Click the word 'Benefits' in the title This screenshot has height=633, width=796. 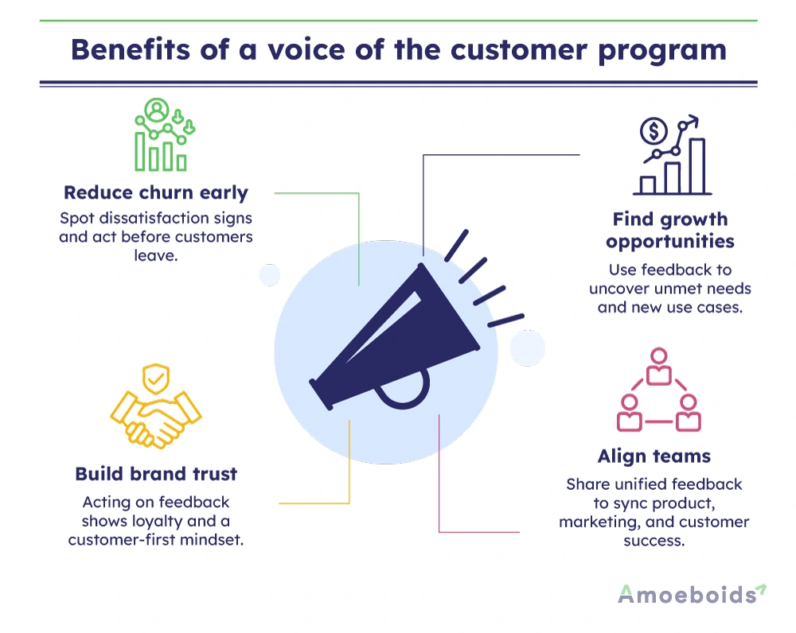click(131, 50)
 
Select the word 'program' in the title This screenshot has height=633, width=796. click(662, 51)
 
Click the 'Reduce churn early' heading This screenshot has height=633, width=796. click(156, 192)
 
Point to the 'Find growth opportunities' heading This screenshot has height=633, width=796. click(670, 230)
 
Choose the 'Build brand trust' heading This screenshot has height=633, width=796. click(156, 474)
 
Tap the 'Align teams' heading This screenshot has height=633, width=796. click(654, 456)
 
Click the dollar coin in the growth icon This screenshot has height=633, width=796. click(654, 131)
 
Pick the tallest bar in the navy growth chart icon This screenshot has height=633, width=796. click(697, 166)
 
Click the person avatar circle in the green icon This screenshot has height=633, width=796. click(156, 110)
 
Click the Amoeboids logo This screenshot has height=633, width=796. click(692, 594)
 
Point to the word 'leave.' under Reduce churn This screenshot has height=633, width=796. click(156, 255)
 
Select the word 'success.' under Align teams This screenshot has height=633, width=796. click(654, 541)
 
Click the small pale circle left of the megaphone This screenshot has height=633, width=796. click(270, 275)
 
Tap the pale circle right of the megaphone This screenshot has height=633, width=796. click(528, 348)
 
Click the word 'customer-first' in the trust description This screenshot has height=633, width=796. click(121, 540)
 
